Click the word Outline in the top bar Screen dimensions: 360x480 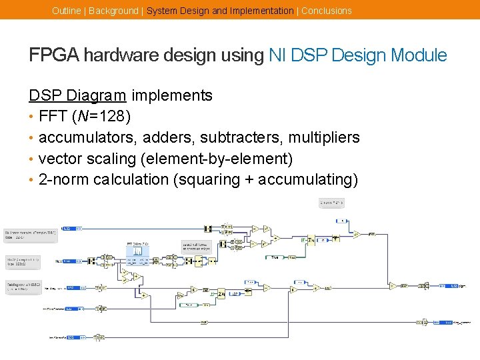click(x=67, y=11)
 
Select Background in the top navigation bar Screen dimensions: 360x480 click(x=113, y=11)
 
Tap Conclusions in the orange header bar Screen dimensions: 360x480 click(x=326, y=11)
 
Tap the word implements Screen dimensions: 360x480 click(x=171, y=95)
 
